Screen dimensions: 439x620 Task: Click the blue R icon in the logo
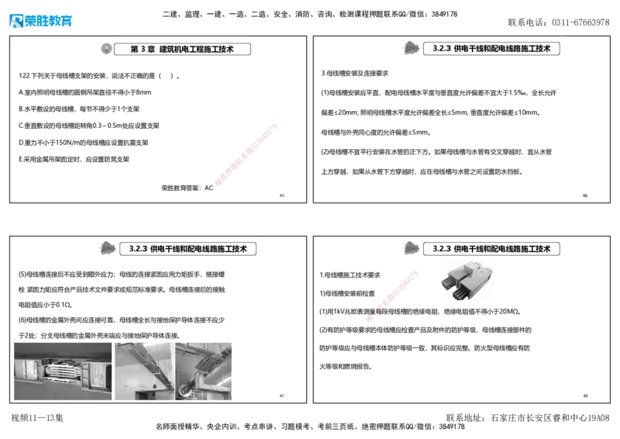[x=15, y=21]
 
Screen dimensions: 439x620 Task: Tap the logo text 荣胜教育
[x=48, y=22]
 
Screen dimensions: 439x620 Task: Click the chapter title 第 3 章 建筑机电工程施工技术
[x=184, y=49]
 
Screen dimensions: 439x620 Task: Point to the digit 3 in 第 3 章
[x=143, y=49]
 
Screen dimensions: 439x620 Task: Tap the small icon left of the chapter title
[x=106, y=48]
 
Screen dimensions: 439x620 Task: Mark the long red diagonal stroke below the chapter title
[x=245, y=154]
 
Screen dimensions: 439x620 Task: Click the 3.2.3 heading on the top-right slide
[x=492, y=48]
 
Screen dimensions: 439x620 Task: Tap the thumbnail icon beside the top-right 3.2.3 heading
[x=412, y=47]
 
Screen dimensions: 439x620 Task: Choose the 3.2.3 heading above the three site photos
[x=188, y=250]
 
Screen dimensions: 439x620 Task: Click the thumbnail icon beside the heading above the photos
[x=108, y=249]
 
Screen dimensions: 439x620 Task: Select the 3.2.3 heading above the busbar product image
[x=492, y=249]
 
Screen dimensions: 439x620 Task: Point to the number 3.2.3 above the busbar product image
[x=441, y=249]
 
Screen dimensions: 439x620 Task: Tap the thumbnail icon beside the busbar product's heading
[x=412, y=248]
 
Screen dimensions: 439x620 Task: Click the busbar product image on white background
[x=467, y=281]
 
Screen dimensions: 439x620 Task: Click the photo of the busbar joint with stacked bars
[x=62, y=371]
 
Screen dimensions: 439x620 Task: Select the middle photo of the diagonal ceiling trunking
[x=144, y=371]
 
